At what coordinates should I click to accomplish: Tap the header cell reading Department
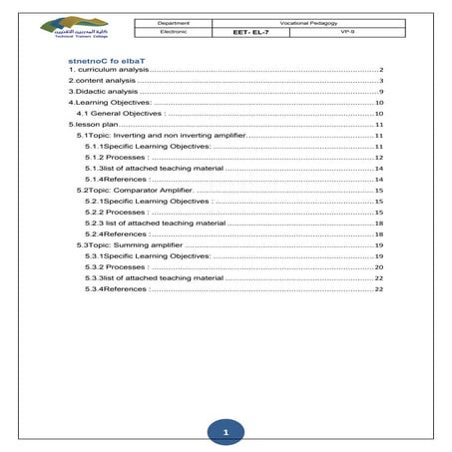point(175,20)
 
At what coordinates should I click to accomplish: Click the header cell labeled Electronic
point(175,31)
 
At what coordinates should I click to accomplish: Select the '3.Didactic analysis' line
point(103,92)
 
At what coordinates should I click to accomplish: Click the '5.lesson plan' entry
point(92,124)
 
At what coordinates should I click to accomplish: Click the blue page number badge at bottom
point(226,432)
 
